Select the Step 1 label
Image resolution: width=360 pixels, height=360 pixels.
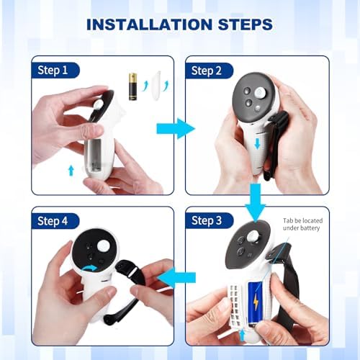(58, 70)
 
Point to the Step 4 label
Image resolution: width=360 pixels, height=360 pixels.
(58, 220)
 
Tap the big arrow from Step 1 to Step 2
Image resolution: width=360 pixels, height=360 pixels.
(176, 130)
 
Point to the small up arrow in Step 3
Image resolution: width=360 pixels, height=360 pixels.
(242, 334)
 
